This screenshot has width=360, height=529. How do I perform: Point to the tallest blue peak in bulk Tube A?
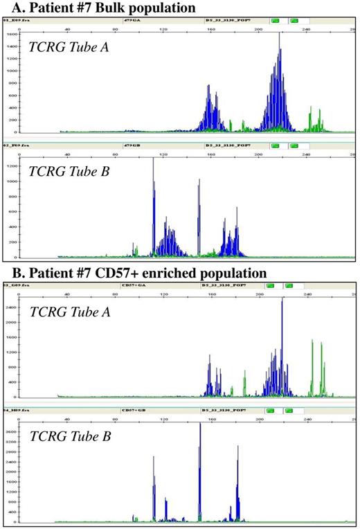[280, 35]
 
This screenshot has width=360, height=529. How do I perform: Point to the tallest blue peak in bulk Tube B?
[154, 160]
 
